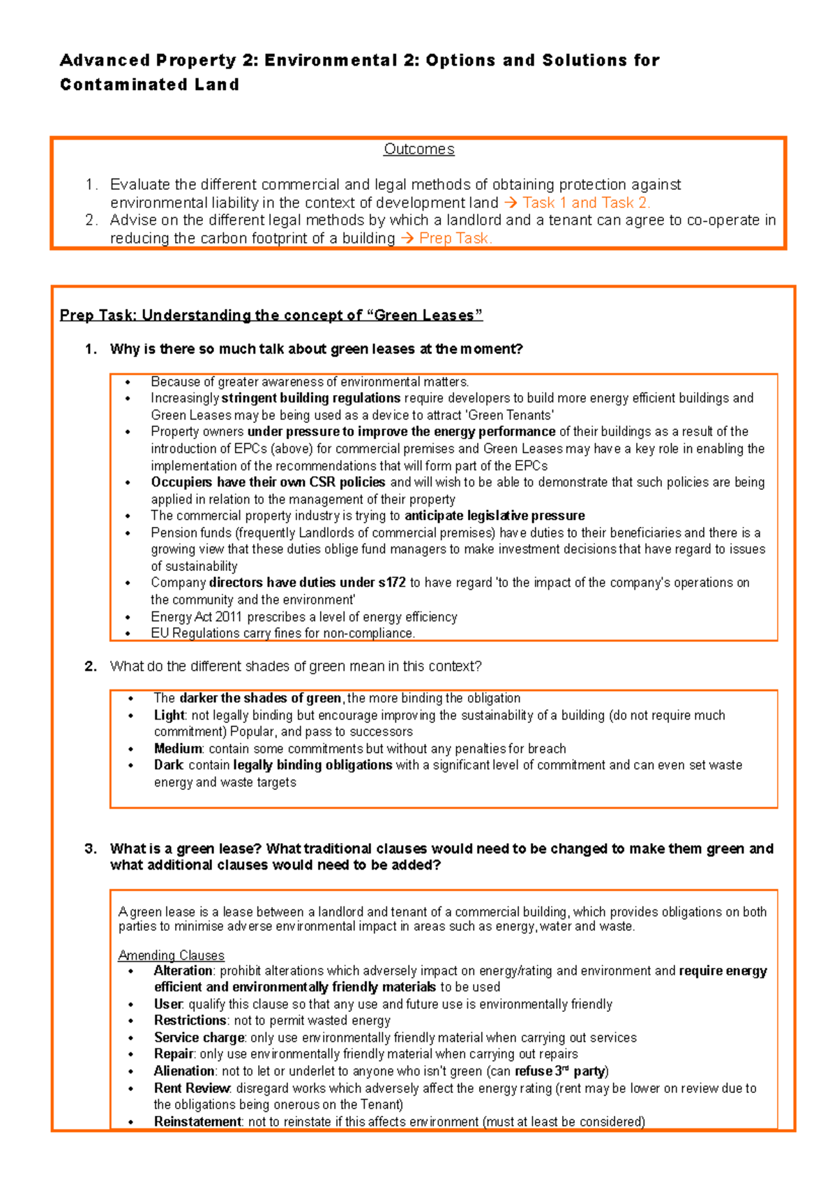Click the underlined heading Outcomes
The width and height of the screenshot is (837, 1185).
click(x=418, y=149)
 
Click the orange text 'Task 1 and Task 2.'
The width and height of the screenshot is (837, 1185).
click(x=586, y=203)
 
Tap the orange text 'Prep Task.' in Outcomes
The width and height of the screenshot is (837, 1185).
click(x=455, y=239)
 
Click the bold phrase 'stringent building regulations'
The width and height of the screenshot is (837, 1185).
click(x=311, y=398)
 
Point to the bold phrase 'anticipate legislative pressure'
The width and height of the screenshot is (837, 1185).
click(x=495, y=516)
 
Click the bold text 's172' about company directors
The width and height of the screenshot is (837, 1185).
click(x=391, y=583)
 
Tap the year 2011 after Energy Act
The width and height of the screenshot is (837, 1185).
click(x=228, y=617)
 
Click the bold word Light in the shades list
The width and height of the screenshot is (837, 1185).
click(x=169, y=715)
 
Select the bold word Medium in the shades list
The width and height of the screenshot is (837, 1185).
click(x=178, y=749)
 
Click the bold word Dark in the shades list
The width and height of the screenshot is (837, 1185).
click(x=168, y=766)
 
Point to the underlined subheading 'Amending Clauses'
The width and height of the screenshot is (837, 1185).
click(x=171, y=955)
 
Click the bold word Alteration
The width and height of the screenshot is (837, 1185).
click(x=183, y=971)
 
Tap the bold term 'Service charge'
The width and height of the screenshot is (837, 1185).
click(x=199, y=1038)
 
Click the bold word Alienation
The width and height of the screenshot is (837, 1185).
click(x=184, y=1071)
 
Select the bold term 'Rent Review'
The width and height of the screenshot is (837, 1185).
click(x=192, y=1088)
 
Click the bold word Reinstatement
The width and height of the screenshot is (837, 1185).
click(x=197, y=1121)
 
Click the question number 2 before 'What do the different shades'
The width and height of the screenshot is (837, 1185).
click(x=90, y=666)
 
